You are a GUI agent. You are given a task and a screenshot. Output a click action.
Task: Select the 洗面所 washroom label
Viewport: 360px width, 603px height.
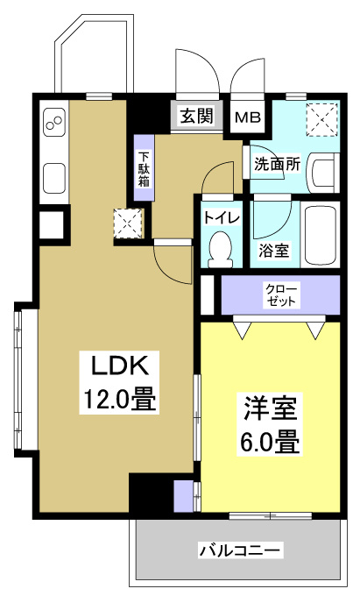(277, 163)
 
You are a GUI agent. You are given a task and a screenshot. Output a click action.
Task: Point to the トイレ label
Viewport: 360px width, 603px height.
(216, 217)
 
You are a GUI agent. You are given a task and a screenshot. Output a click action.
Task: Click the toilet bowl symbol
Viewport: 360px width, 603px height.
(220, 246)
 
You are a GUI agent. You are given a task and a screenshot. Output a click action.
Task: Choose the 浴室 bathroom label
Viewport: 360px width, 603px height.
(273, 250)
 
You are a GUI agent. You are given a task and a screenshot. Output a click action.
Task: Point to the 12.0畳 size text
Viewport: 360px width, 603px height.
(119, 401)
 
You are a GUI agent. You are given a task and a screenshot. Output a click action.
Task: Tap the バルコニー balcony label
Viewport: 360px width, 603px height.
(240, 550)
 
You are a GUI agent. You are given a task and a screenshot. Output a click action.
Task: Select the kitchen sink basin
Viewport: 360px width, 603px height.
(53, 178)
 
